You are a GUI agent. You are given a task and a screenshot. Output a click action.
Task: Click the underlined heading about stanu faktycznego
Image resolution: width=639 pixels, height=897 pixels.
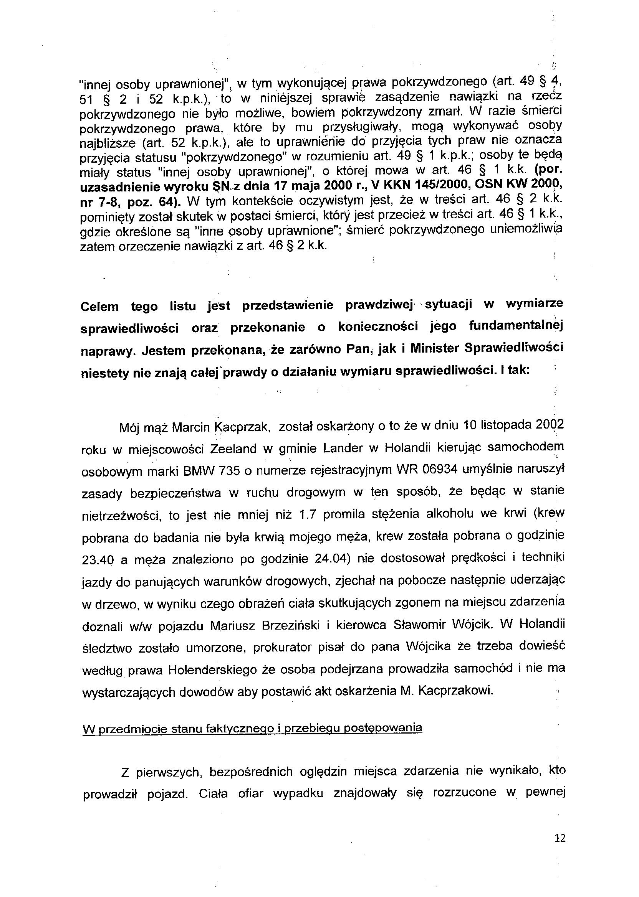252,728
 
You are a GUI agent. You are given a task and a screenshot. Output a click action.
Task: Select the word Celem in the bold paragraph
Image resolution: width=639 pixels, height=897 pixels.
99,306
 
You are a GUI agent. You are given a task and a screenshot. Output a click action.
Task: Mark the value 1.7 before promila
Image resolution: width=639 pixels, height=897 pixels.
308,514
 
